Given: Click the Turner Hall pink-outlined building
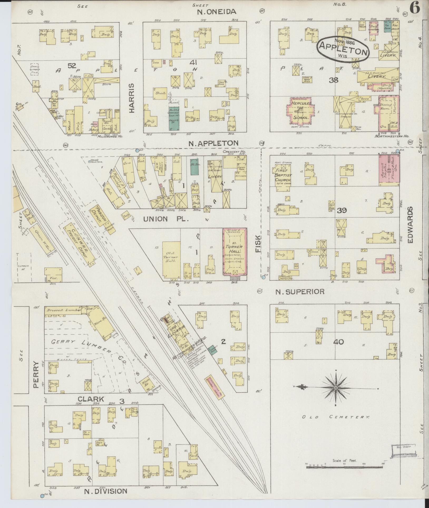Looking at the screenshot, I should tap(235, 251).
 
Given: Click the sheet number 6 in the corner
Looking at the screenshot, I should tap(415, 9).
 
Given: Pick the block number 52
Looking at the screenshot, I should tap(72, 66).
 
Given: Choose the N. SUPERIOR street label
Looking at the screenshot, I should tap(300, 291).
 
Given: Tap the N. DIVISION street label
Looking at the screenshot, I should tap(106, 491).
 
